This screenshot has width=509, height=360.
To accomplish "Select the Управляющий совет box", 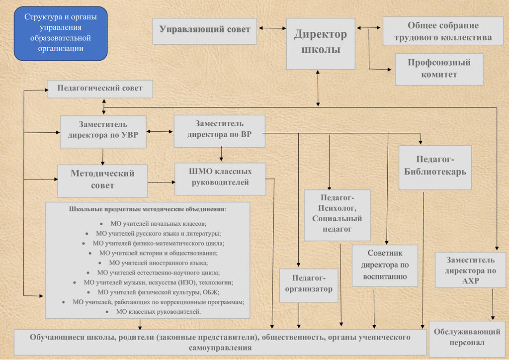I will point(205,29).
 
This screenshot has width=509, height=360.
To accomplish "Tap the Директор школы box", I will point(321,43).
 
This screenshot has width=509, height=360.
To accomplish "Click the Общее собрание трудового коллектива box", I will point(442,31).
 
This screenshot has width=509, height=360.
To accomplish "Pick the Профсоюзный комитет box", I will point(439,69).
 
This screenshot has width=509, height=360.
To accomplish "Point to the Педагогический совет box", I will point(100,89).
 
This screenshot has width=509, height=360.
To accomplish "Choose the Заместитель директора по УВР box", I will point(103,132).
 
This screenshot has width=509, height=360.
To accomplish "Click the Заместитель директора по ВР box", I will point(219,131).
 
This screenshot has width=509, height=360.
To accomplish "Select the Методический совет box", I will point(102,180).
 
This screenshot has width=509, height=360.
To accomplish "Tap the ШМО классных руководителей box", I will point(220,178).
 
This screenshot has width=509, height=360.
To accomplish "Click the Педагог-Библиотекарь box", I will point(435,167).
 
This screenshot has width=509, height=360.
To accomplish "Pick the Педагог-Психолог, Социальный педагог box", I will point(337,215).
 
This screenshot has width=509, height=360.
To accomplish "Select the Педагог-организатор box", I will point(309,285).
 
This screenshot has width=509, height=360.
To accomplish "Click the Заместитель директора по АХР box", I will point(470,270).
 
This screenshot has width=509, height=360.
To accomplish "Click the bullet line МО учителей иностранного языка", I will point(158,263).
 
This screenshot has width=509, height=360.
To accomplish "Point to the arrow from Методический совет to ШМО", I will point(161,182).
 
